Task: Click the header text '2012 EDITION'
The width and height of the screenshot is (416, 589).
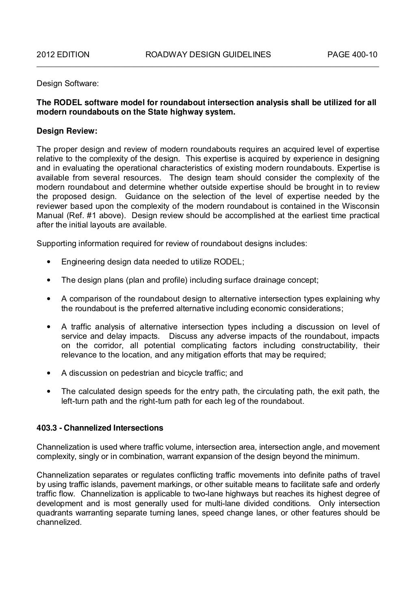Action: [x=63, y=54]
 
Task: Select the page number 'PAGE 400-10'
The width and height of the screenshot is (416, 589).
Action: [x=353, y=54]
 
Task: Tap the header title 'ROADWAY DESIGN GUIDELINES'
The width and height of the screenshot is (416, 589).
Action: [x=208, y=54]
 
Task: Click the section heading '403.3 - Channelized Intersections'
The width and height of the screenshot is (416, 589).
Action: [x=100, y=428]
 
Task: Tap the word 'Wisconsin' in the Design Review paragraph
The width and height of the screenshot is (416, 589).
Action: [x=363, y=206]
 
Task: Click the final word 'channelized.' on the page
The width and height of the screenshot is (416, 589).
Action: [x=59, y=522]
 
